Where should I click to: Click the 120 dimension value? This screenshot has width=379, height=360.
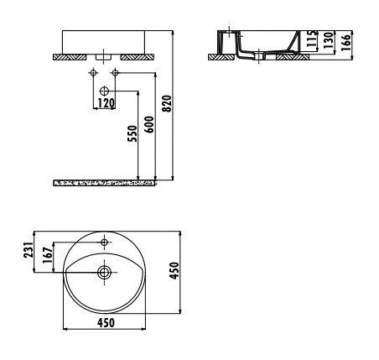tap(105, 102)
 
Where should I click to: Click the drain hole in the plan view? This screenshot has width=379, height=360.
tap(104, 272)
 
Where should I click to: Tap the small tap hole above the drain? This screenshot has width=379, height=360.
tap(104, 243)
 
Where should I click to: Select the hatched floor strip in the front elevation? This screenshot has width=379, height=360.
tap(104, 180)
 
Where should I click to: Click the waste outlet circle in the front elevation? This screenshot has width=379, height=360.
tap(104, 90)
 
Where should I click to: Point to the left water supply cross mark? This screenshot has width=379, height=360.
tap(90, 74)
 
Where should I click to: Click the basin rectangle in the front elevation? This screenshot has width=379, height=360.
tap(104, 40)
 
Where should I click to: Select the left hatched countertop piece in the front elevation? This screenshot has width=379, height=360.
tap(70, 56)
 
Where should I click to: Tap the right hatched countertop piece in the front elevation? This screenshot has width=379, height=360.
tap(137, 56)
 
